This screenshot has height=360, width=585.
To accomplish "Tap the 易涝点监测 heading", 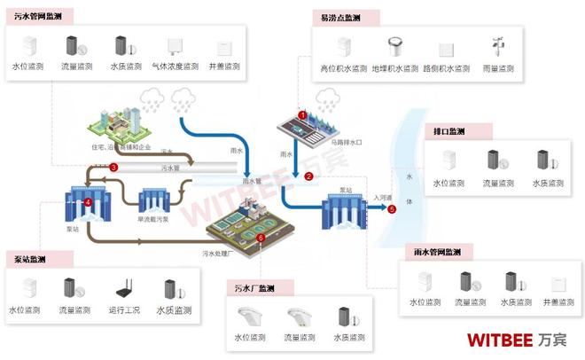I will click(340, 18).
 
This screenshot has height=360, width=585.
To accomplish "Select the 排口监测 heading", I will click(450, 131).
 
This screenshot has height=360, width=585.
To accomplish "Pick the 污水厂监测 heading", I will click(253, 288).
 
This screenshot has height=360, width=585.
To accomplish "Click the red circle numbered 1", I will click(302, 115).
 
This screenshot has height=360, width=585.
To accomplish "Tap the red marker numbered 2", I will click(308, 176).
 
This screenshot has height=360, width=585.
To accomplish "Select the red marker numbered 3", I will click(113, 167).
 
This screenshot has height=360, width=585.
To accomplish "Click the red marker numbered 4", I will click(89, 202).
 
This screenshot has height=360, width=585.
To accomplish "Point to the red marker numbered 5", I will click(392, 209).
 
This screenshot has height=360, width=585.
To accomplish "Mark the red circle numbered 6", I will click(260, 238).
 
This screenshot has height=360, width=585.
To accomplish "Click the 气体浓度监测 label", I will click(172, 67).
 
